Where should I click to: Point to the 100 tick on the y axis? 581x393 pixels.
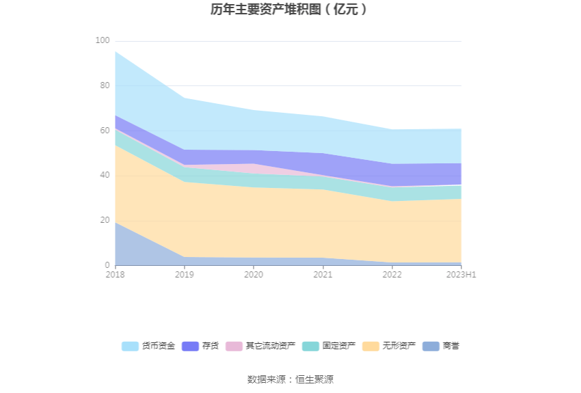click(103, 41)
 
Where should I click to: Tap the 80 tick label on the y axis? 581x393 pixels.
click(105, 86)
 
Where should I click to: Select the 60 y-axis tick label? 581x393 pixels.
click(105, 131)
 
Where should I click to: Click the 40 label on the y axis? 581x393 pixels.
click(105, 176)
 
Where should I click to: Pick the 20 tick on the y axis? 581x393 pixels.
click(105, 220)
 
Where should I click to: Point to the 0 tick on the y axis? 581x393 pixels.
click(107, 265)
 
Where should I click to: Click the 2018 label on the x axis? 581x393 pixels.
click(115, 275)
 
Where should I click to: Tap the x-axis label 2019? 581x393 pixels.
click(185, 275)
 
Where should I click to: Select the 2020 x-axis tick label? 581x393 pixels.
click(254, 275)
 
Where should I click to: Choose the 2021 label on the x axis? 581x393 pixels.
click(323, 275)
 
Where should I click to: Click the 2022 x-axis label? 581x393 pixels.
click(392, 275)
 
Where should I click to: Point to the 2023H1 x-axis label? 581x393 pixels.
click(461, 275)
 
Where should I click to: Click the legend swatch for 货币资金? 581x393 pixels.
click(130, 347)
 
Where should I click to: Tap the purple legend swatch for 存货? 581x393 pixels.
click(190, 347)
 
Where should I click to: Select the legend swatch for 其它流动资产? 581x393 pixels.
click(234, 347)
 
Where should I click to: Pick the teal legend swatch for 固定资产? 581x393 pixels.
click(310, 347)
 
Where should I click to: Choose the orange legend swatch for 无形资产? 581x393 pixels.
click(370, 347)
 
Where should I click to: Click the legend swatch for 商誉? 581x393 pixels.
click(431, 347)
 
